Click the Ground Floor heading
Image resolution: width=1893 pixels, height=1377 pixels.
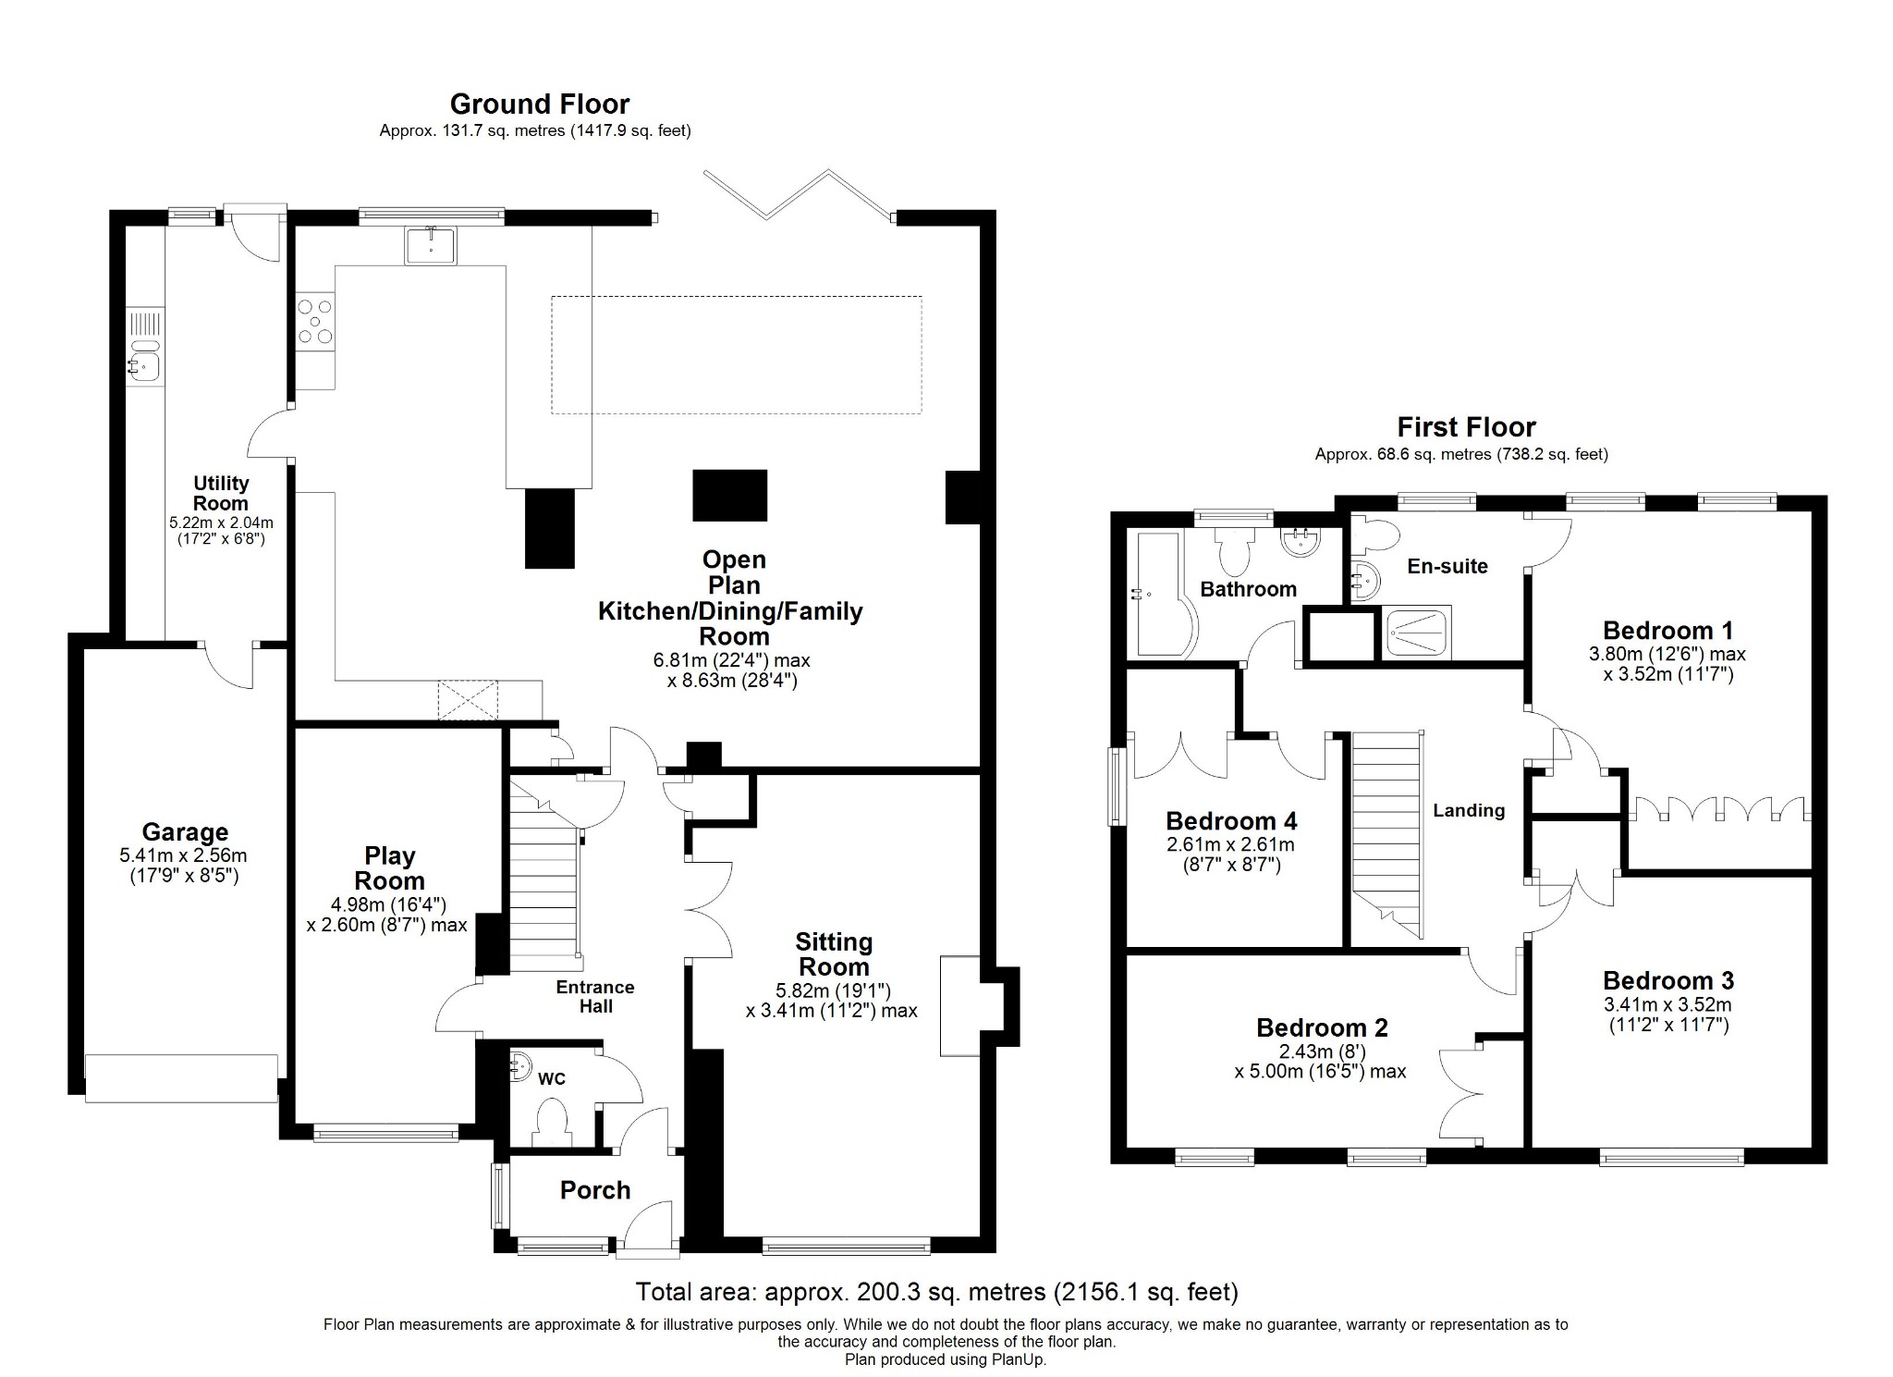click(x=539, y=104)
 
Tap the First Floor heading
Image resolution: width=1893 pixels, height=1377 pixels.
click(x=1466, y=427)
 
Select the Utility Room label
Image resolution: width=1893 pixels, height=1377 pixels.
click(x=221, y=493)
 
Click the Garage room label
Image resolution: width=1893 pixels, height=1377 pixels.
click(x=185, y=832)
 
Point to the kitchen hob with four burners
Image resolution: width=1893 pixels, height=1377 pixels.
click(x=315, y=321)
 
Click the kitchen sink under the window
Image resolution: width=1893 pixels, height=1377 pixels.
click(x=430, y=245)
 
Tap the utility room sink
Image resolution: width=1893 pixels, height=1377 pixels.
click(x=144, y=364)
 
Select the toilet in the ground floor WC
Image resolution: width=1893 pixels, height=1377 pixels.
click(x=552, y=1119)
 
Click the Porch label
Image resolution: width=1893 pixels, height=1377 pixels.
click(x=595, y=1190)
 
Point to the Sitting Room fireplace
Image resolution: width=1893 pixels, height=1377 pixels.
click(x=961, y=1005)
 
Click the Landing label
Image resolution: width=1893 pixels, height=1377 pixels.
click(x=1469, y=811)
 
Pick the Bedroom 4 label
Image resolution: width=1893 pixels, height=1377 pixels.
click(x=1231, y=821)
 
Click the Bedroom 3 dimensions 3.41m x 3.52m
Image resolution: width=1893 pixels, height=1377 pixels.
click(x=1667, y=1004)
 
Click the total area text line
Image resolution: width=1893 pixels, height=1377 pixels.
click(x=936, y=1291)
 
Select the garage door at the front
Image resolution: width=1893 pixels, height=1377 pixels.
click(x=181, y=1077)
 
